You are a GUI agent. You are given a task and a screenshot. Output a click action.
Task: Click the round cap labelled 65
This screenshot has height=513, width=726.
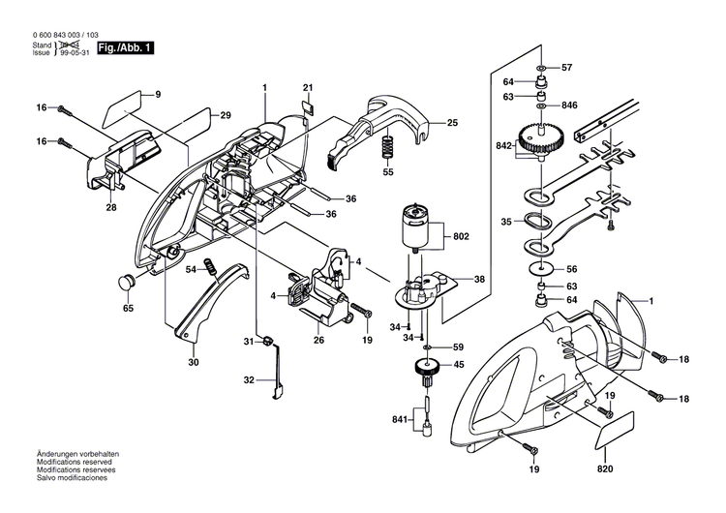pos(125,282)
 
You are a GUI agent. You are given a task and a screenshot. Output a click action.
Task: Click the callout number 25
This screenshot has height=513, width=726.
pos(453,123)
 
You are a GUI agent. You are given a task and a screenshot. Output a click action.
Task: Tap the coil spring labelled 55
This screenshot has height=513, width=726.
pos(388,148)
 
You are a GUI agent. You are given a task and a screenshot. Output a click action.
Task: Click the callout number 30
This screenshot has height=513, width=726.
pos(193,362)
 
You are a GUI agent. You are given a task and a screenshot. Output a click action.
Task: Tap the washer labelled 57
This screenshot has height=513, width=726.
pos(540,68)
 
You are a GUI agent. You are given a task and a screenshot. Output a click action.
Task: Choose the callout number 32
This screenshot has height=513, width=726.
pos(249,380)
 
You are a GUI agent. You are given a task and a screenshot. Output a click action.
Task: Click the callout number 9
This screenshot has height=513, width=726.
pos(158,94)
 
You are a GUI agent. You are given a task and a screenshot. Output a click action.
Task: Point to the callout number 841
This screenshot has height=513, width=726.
pos(399,420)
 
